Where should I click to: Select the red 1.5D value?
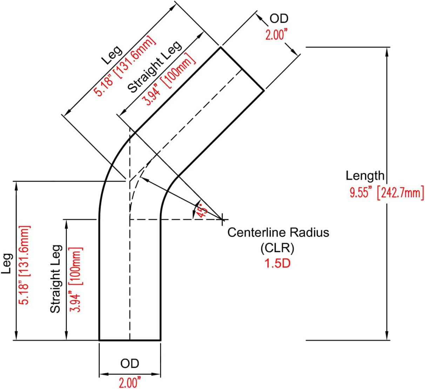pyautogui.click(x=277, y=263)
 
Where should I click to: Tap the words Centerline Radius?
pyautogui.click(x=278, y=232)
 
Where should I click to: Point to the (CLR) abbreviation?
pyautogui.click(x=277, y=248)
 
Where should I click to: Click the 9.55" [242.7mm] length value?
pyautogui.click(x=386, y=193)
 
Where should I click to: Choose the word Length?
pyautogui.click(x=365, y=175)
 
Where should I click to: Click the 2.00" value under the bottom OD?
pyautogui.click(x=130, y=382)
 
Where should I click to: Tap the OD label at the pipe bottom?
pyautogui.click(x=130, y=364)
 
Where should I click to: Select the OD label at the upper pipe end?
pyautogui.click(x=279, y=19)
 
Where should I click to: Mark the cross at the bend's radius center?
pyautogui.click(x=222, y=220)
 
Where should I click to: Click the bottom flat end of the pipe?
pyautogui.click(x=130, y=340)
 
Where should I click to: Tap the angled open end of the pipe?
pyautogui.click(x=242, y=69)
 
